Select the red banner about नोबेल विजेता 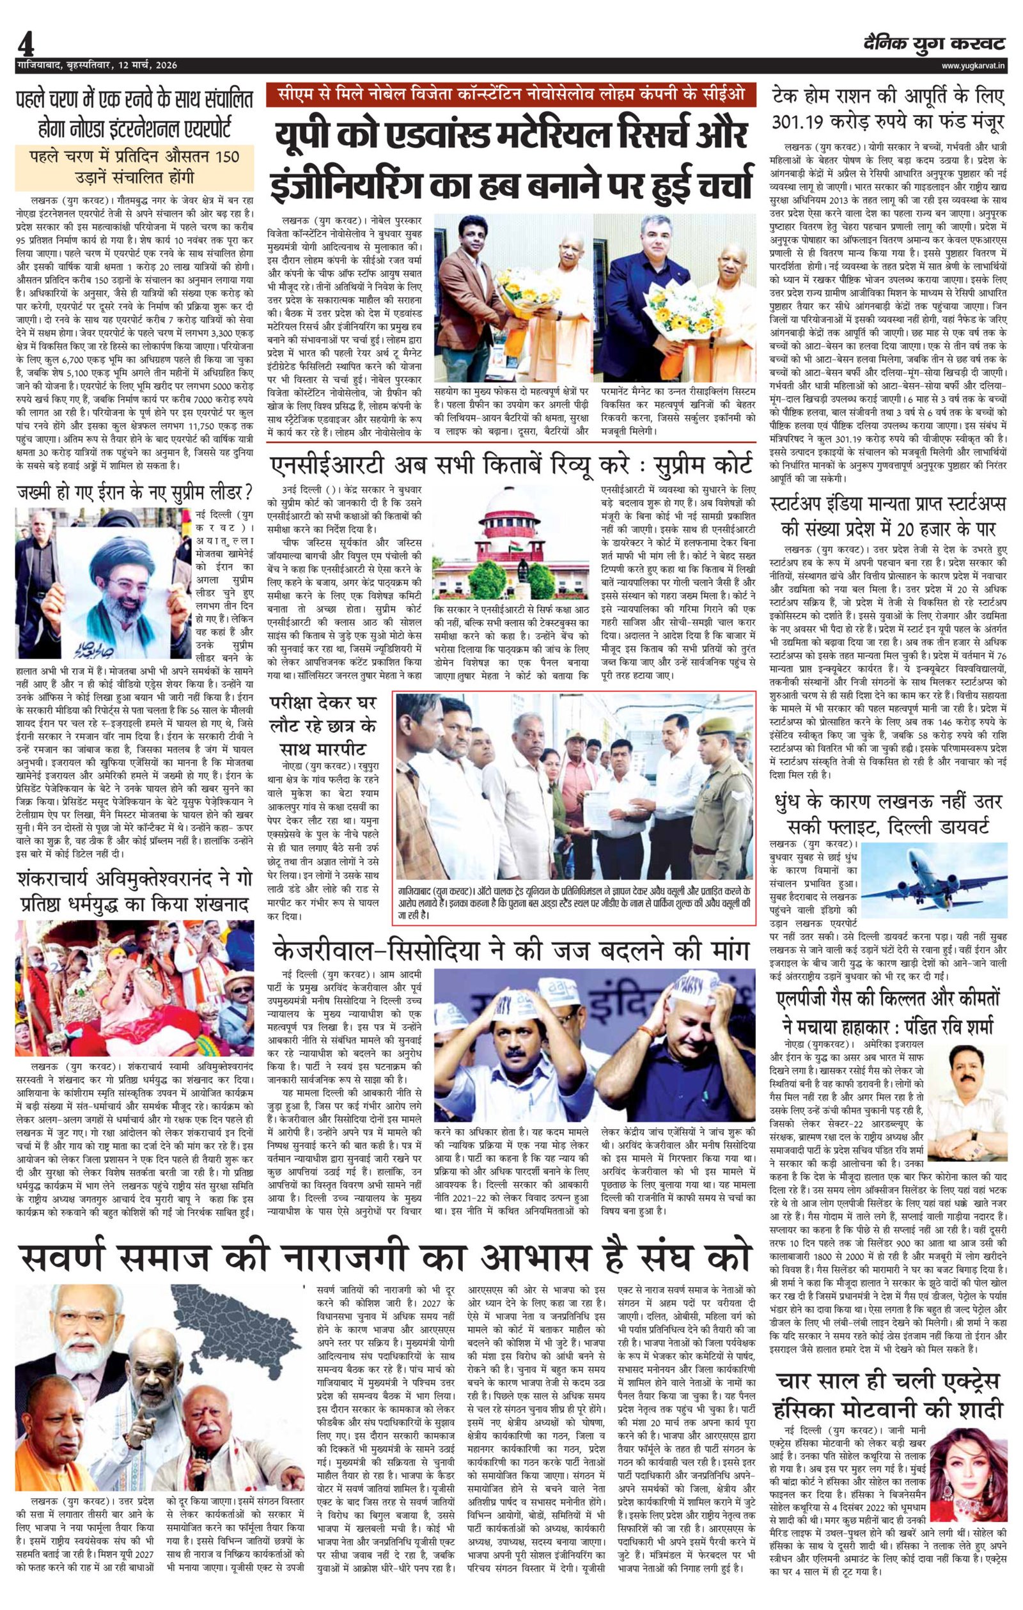coord(510,97)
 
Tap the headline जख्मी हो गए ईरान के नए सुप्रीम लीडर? coord(134,493)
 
